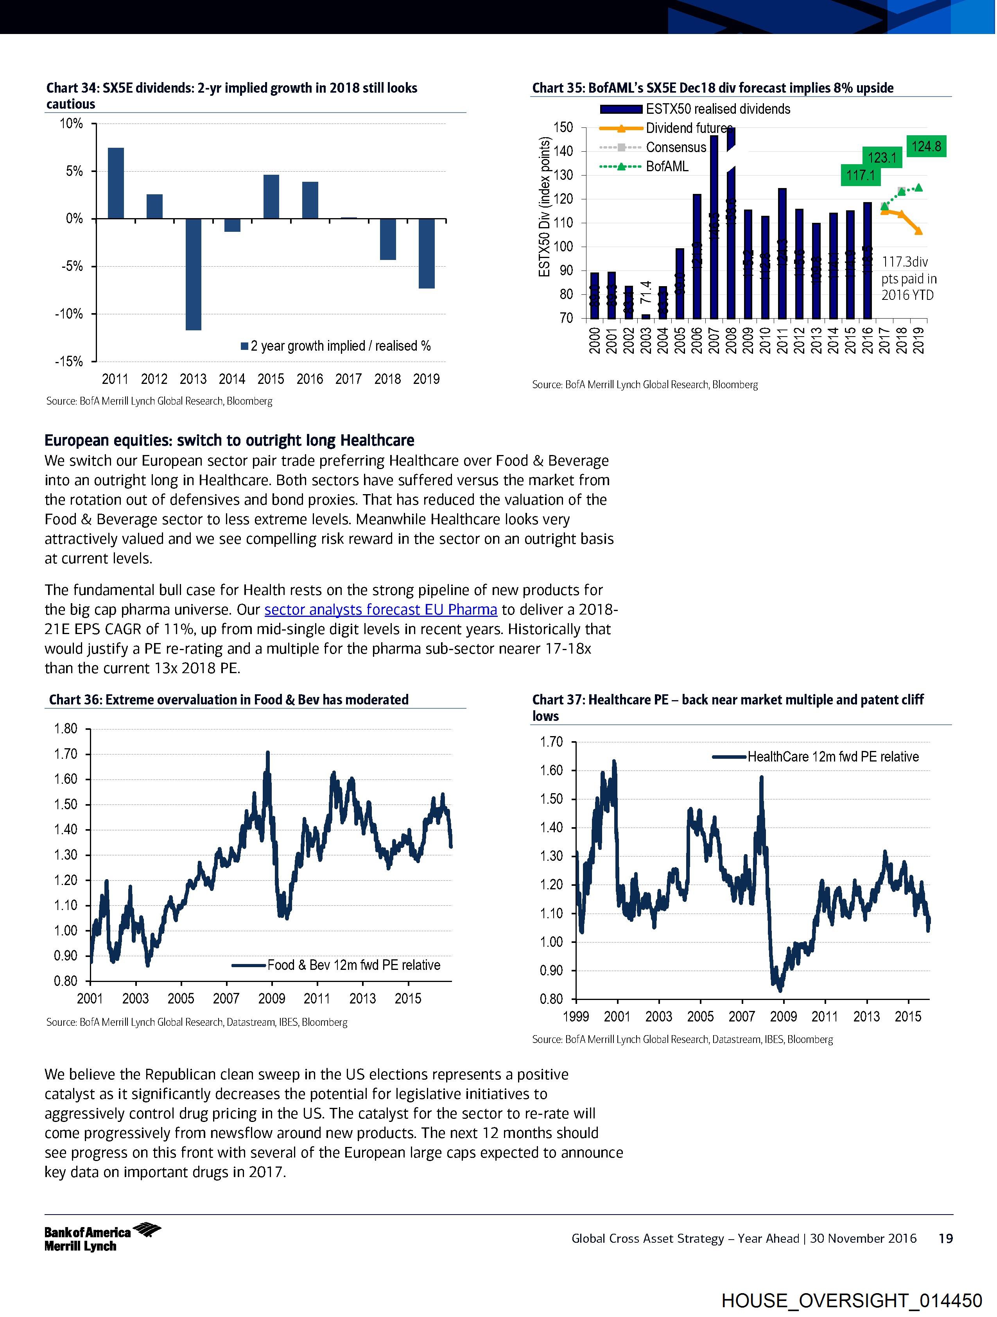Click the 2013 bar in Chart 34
tap(193, 274)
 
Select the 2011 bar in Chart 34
tap(116, 183)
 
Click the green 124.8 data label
tap(926, 146)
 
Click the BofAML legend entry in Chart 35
tap(667, 167)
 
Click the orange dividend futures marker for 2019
tap(918, 231)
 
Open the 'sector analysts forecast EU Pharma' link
tap(380, 610)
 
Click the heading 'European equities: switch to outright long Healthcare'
tap(229, 441)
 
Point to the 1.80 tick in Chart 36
tap(66, 729)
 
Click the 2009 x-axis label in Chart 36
tap(272, 998)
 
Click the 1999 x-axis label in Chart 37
tap(576, 1016)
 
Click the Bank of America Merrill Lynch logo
tap(102, 1238)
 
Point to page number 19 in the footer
tap(945, 1239)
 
